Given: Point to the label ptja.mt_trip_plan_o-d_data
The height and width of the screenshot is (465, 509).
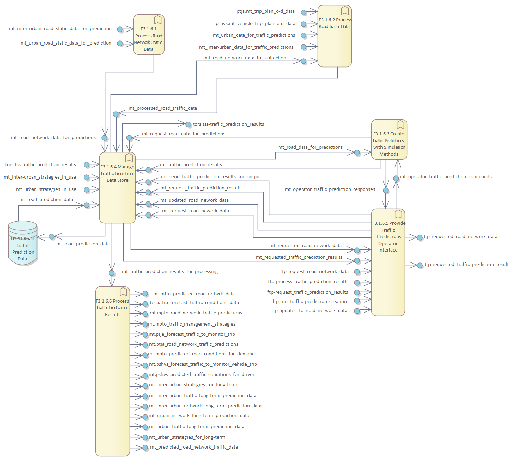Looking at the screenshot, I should [265, 11].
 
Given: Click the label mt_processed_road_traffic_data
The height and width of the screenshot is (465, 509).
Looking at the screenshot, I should [162, 108].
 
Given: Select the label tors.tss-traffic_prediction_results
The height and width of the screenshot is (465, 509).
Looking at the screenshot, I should [228, 124].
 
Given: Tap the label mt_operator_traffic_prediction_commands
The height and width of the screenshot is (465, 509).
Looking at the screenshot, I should [446, 177].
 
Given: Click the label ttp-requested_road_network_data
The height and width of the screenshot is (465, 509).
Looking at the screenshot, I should [460, 237].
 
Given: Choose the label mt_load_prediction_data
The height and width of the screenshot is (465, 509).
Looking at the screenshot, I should [83, 244].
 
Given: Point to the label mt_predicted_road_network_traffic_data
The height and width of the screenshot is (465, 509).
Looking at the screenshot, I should [194, 447].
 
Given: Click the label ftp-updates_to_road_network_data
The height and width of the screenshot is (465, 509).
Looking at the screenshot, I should [309, 311].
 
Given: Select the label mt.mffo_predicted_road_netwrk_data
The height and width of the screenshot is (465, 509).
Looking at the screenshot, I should [194, 294].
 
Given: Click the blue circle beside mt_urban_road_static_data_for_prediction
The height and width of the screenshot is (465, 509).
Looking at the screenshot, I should [120, 44].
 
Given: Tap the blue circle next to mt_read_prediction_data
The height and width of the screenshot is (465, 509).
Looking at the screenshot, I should [87, 205].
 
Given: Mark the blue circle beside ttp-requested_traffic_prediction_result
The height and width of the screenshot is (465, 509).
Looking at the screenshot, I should [420, 265].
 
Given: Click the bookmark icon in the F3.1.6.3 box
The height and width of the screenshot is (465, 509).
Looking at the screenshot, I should [400, 125].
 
